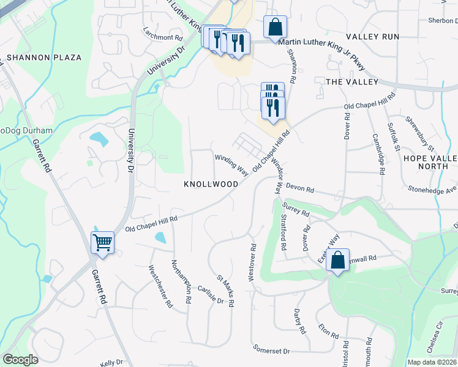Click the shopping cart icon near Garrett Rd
[x=102, y=242]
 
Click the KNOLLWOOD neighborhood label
[x=211, y=183]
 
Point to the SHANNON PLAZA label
[x=44, y=57]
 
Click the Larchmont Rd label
[x=159, y=37]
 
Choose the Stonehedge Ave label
[x=432, y=189]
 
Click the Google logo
[x=20, y=360]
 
